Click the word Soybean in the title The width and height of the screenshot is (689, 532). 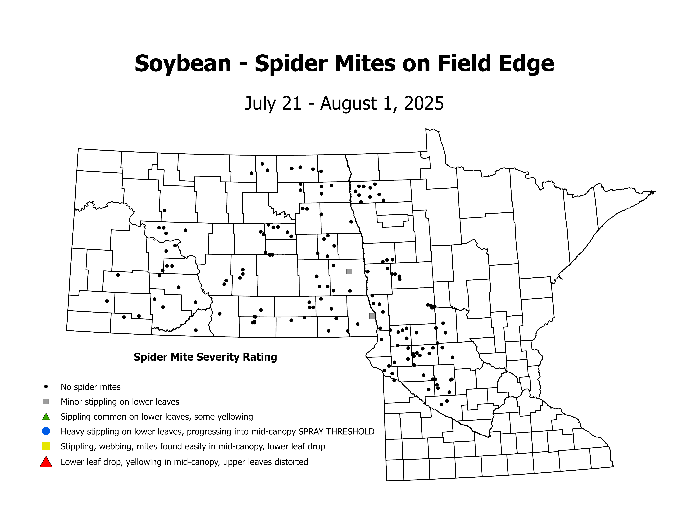(183, 64)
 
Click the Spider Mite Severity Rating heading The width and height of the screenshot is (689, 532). (205, 357)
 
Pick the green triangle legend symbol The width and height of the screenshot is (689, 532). (46, 417)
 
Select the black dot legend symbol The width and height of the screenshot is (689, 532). (46, 386)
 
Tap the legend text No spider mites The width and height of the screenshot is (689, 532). (91, 387)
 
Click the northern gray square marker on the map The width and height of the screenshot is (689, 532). (349, 271)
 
